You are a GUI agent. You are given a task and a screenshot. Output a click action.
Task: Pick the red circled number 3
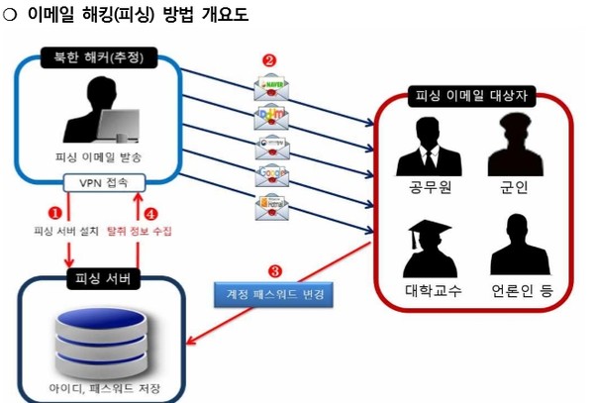pos(275,270)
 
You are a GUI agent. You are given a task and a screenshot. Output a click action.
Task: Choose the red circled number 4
pos(150,212)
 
